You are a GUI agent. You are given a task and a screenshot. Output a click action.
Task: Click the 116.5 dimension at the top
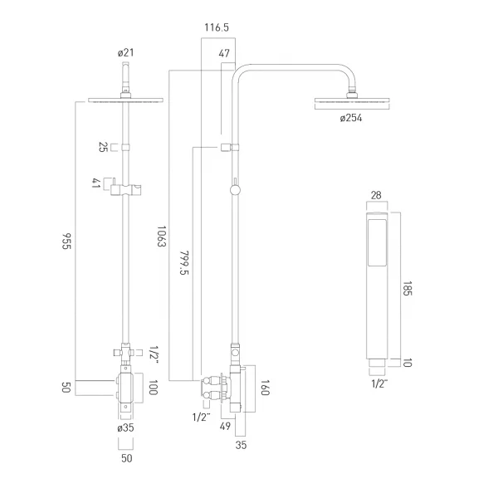click(217, 27)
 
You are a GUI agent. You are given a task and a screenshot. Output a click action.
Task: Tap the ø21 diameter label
click(126, 52)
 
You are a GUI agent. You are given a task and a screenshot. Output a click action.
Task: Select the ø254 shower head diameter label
click(350, 118)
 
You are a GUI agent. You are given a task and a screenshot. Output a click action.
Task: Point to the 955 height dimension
click(66, 242)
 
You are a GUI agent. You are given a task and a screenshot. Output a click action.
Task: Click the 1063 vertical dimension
click(162, 237)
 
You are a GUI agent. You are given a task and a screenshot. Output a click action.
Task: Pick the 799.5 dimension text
click(184, 263)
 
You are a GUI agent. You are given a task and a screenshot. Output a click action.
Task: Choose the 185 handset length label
click(408, 288)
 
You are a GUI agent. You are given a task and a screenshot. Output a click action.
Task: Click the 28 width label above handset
click(376, 195)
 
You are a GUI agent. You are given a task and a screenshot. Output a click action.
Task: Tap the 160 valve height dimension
click(265, 388)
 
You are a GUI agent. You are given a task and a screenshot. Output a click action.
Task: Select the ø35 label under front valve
click(125, 427)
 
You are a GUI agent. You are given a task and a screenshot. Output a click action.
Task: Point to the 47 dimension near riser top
click(224, 53)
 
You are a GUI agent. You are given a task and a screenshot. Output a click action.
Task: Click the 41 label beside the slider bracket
click(96, 183)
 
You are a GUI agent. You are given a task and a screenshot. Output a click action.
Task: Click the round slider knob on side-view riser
click(235, 190)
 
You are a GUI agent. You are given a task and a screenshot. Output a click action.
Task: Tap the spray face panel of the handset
click(377, 242)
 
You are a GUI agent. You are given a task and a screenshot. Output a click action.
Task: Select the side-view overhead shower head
click(352, 100)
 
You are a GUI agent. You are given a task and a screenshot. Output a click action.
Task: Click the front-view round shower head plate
click(126, 100)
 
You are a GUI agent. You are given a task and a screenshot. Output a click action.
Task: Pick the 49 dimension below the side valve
click(225, 427)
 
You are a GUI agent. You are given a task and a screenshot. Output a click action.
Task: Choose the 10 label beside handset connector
click(408, 363)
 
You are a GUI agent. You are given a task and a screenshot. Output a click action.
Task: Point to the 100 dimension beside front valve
click(153, 388)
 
